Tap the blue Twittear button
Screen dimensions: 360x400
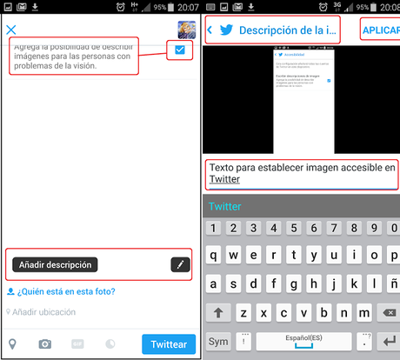pos(170,343)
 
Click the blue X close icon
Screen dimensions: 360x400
pos(11,30)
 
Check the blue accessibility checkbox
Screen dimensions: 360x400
pos(180,50)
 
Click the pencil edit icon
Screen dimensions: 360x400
pos(180,264)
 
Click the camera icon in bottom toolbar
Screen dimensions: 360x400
pos(44,343)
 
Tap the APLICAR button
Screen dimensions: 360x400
pos(381,30)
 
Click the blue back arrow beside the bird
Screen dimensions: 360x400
pos(210,30)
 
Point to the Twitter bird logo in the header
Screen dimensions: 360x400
pos(226,30)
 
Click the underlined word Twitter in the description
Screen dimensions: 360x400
pos(224,179)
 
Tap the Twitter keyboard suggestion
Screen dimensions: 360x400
pos(225,206)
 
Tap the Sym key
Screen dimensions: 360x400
pos(218,342)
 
